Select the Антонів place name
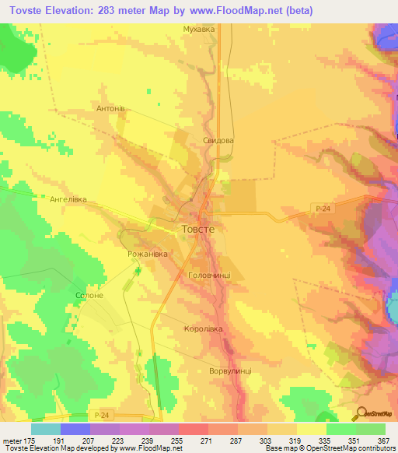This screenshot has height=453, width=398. [110, 108]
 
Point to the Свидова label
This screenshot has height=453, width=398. [218, 141]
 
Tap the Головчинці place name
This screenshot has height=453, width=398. [210, 276]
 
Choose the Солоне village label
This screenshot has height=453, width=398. [89, 297]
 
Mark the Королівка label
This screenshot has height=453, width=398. [203, 329]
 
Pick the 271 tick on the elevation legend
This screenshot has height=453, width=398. [208, 440]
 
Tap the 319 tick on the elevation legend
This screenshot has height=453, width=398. [296, 440]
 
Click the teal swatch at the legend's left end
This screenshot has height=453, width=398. [45, 429]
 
